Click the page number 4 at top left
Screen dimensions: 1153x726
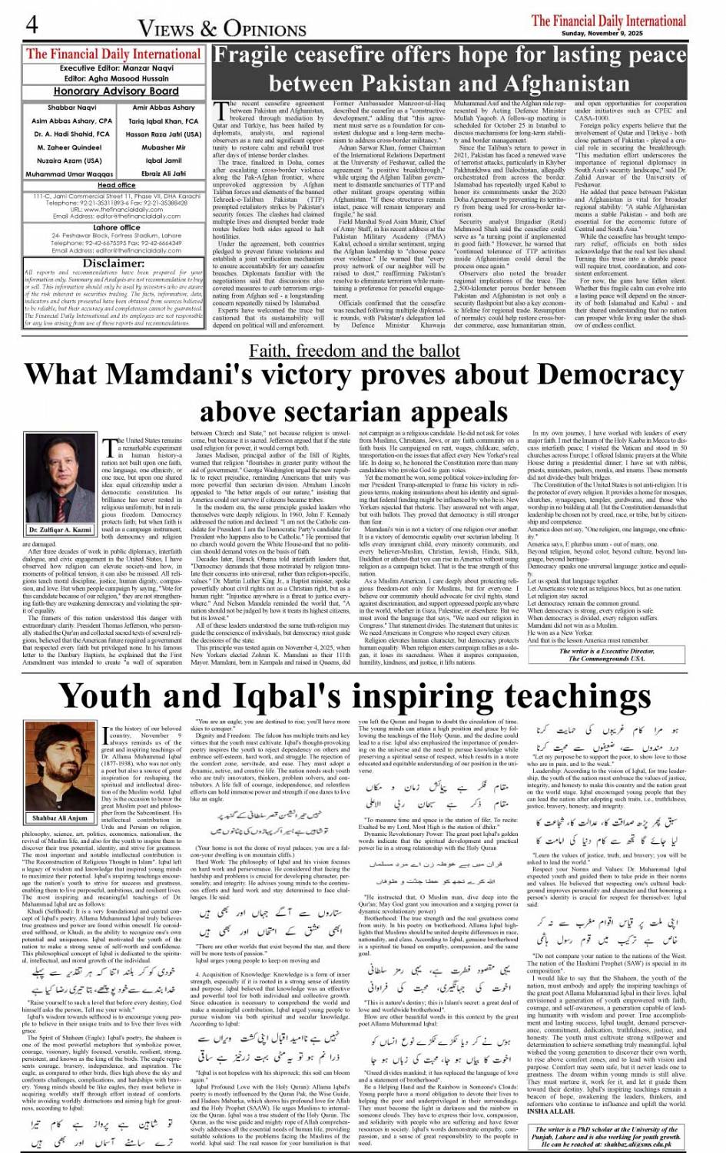[x=31, y=25]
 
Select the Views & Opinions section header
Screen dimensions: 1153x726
[x=222, y=28]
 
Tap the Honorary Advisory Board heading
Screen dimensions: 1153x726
[x=116, y=91]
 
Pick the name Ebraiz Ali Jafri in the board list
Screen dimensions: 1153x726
[x=164, y=173]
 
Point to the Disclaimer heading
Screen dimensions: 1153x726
[x=114, y=263]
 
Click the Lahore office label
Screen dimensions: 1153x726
[x=116, y=227]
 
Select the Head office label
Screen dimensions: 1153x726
[x=116, y=185]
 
